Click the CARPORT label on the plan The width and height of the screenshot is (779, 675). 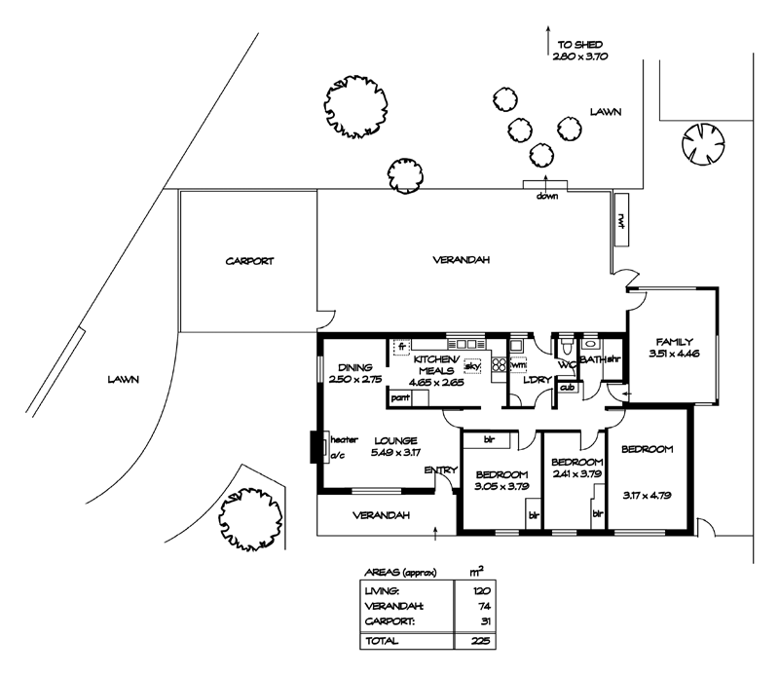pos(250,261)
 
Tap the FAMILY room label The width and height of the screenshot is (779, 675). pos(674,342)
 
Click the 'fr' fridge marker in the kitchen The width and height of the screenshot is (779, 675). pos(400,345)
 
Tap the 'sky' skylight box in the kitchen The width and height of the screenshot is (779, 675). pos(473,366)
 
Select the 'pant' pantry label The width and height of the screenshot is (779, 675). pos(399,397)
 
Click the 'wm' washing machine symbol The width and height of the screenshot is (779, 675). pos(518,364)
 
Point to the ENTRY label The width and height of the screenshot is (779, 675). pos(441,471)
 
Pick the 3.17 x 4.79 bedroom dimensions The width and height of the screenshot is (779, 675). pos(648,466)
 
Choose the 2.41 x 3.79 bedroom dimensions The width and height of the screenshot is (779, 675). pos(575,474)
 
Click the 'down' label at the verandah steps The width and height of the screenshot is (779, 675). pos(546,196)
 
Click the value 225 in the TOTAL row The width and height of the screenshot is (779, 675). pos(477,642)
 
